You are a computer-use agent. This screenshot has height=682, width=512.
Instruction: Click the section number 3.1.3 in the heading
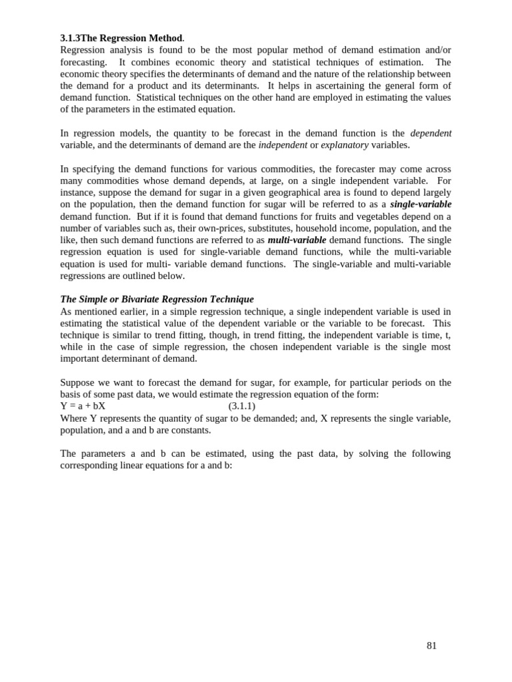pyautogui.click(x=70, y=38)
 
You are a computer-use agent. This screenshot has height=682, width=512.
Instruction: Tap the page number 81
pyautogui.click(x=431, y=645)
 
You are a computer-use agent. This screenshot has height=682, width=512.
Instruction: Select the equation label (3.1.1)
pyautogui.click(x=241, y=406)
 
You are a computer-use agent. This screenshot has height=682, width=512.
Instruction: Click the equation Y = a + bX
pyautogui.click(x=83, y=406)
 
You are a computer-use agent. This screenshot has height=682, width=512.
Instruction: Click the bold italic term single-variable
pyautogui.click(x=421, y=204)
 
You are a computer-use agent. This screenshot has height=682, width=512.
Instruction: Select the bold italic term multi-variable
pyautogui.click(x=297, y=240)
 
